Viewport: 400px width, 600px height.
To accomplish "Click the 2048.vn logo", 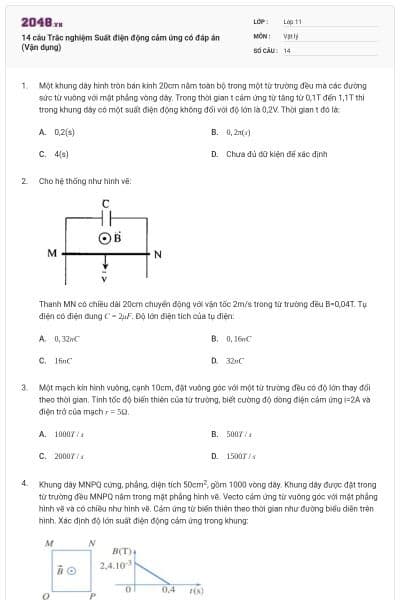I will coord(42,21).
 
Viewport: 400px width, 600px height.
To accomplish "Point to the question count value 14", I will coord(287,49).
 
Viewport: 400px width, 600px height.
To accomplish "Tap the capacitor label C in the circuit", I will coord(106,205).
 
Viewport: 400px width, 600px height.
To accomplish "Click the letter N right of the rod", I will coord(157,254).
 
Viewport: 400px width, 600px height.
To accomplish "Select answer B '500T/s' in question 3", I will coord(237,434).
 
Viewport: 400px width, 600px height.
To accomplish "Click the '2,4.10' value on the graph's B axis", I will coord(113,565).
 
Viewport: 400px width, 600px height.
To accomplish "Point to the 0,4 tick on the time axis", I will coord(168,590).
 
